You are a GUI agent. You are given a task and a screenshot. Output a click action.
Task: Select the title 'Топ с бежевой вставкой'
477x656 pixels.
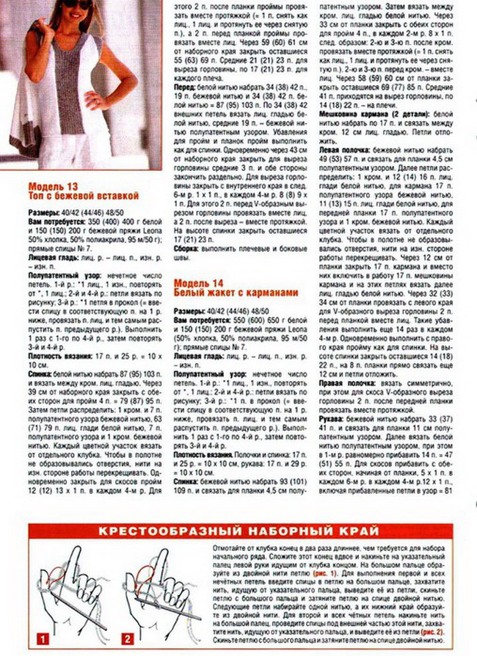(84, 196)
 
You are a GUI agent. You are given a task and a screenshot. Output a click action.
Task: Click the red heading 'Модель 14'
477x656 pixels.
(199, 283)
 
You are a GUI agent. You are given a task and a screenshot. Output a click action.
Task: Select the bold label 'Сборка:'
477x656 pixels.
(188, 248)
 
